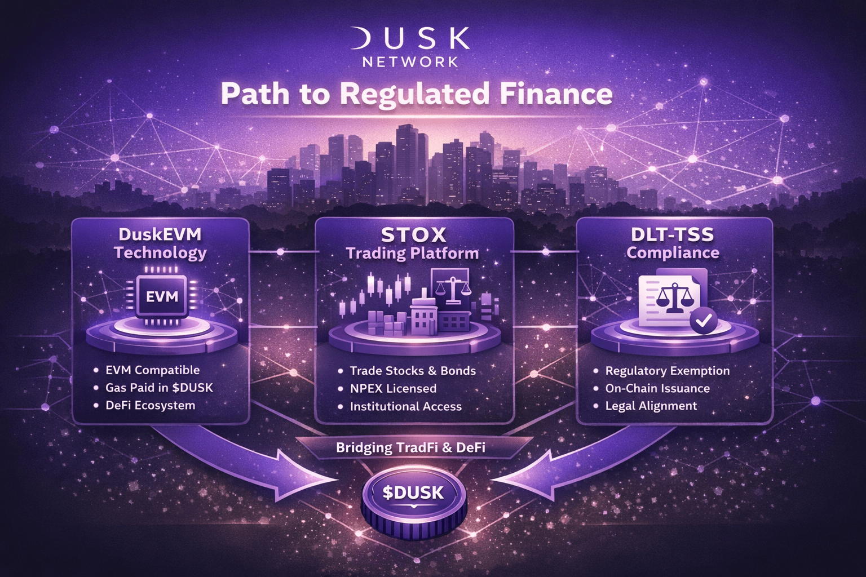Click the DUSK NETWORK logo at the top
pos(410,47)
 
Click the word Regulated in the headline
pos(414,94)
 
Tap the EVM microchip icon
pos(162,296)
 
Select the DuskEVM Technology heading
pos(160,243)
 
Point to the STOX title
pos(413,234)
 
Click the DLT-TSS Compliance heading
pos(673,243)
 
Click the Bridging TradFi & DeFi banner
pos(410,448)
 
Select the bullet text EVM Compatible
pos(152,370)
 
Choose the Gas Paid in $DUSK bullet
pos(159,388)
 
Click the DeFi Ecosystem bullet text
pos(150,405)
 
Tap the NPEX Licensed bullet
pos(393,388)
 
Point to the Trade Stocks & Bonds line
pos(413,371)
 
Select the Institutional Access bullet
pos(405,406)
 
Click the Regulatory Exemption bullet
pos(667,371)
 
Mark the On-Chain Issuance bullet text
pos(657,388)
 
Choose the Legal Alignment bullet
pos(651,406)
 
